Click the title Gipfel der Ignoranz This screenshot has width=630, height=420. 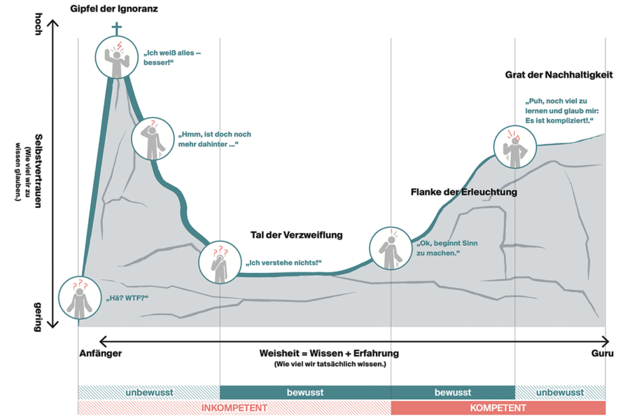[114, 8]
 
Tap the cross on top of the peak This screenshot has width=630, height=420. [116, 29]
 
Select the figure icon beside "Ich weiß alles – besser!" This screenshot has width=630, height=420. [116, 57]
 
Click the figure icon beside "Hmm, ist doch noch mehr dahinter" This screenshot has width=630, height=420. [153, 139]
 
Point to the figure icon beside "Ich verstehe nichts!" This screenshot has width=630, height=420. [220, 262]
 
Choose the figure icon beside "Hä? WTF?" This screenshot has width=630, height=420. [80, 297]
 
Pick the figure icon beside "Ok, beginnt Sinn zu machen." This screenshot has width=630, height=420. [391, 248]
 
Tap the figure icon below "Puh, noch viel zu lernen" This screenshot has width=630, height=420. [514, 147]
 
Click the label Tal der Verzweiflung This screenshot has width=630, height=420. [297, 234]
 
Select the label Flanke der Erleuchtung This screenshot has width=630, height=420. [463, 192]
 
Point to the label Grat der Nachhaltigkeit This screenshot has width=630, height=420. [559, 75]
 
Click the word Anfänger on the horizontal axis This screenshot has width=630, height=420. [100, 353]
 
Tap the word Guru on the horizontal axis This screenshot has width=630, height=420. [602, 353]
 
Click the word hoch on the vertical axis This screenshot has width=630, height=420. [38, 24]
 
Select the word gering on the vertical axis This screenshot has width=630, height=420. [38, 317]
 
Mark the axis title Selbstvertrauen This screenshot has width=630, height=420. [38, 171]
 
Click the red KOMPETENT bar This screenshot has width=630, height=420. [498, 407]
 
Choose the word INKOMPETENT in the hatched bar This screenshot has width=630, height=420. [234, 408]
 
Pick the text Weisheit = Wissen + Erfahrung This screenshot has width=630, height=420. [329, 353]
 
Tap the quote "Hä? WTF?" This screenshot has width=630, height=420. [127, 298]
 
